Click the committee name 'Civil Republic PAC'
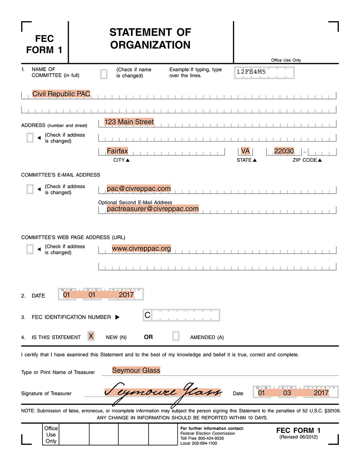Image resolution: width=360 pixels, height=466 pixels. coord(61,94)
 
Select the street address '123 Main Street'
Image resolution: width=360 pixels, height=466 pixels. coord(129,122)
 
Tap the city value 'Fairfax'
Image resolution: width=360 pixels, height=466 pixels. coord(117,151)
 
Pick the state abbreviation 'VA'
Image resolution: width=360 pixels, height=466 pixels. coord(245,151)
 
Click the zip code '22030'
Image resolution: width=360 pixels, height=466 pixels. coord(284,151)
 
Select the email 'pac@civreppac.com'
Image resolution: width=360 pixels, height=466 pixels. coord(139,189)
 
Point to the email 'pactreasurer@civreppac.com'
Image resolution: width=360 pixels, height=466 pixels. coord(153,209)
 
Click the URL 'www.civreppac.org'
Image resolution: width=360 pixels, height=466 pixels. coord(141,249)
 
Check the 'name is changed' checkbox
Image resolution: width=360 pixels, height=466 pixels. coord(104,74)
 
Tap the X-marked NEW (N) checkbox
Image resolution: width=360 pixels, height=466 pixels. coord(91,336)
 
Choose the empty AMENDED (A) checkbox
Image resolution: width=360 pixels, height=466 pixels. coord(176,336)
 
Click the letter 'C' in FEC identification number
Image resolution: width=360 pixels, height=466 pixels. coord(148,315)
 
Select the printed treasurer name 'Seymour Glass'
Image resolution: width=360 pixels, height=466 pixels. coord(136,370)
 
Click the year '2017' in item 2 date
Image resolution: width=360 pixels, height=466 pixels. coord(126,295)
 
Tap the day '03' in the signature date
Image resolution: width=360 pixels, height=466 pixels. coord(287,393)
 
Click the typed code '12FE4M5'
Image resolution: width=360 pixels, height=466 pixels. coord(251,72)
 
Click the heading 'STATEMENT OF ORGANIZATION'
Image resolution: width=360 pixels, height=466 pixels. coord(150,39)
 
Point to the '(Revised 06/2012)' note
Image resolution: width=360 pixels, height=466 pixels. coord(298,437)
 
